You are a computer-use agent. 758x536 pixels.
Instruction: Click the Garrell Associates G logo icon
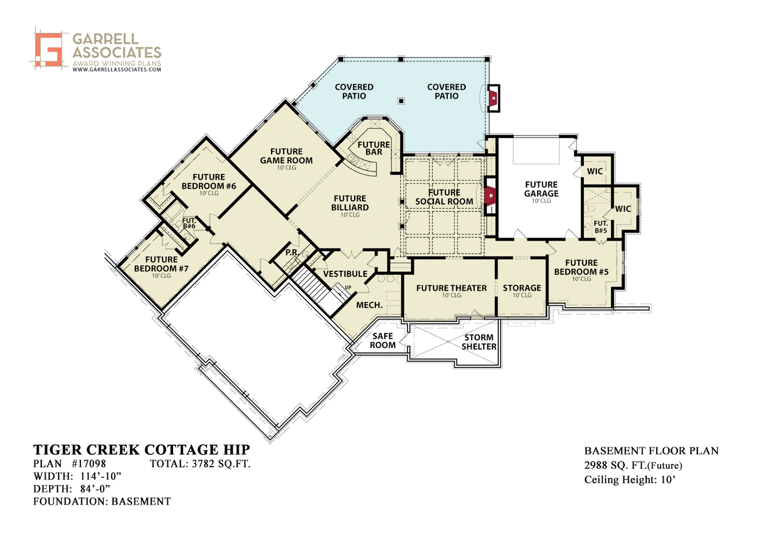[x=49, y=48]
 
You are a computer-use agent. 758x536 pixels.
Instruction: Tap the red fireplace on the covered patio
[x=494, y=98]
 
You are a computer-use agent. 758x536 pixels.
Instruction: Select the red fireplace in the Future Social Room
[x=489, y=196]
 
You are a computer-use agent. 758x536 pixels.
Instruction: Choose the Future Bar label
[x=373, y=148]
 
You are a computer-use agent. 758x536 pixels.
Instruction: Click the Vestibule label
[x=345, y=274]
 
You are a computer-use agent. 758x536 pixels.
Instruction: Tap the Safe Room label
[x=383, y=341]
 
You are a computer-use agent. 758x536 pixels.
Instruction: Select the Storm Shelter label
[x=479, y=342]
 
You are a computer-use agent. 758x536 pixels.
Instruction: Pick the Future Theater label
[x=452, y=288]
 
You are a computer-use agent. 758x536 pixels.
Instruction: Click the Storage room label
[x=522, y=288]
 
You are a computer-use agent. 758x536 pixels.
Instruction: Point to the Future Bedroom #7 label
[x=162, y=264]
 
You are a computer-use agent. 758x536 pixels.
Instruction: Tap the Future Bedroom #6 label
[x=209, y=181]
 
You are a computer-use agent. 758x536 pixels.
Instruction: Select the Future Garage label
[x=541, y=189]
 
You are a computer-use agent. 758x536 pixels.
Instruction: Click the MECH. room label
[x=369, y=305]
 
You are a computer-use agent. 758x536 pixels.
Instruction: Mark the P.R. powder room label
[x=292, y=252]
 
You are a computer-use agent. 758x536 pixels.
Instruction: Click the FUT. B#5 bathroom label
[x=601, y=227]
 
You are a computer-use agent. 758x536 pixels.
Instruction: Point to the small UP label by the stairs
[x=348, y=287]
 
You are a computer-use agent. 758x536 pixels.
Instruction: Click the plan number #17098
[x=89, y=463]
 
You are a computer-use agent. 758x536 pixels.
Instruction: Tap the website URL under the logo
[x=117, y=69]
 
